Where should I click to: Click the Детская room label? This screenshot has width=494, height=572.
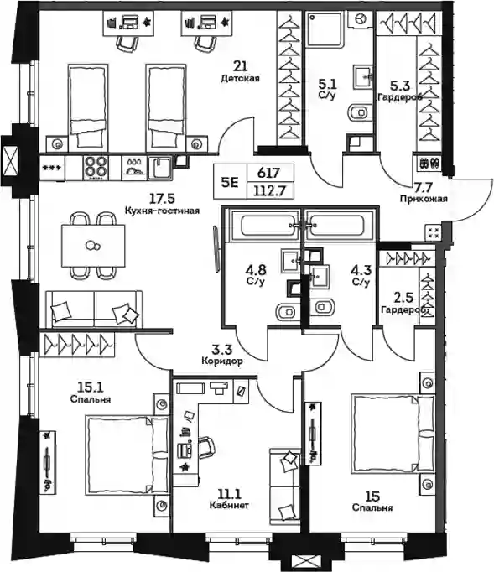click(240, 79)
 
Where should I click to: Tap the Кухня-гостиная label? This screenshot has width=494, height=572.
click(162, 211)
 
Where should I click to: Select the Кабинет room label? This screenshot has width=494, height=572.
click(229, 505)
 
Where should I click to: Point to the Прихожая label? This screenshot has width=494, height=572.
click(424, 199)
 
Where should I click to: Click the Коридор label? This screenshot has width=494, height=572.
click(221, 361)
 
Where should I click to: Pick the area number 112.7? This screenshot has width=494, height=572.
click(271, 190)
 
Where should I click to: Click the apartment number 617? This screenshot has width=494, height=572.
click(268, 173)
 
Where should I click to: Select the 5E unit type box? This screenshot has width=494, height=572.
click(230, 182)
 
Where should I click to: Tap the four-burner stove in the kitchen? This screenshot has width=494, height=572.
click(96, 168)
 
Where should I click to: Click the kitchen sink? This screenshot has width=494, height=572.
click(160, 168)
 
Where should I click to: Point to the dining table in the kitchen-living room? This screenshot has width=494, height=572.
click(93, 246)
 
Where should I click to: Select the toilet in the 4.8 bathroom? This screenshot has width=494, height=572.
click(287, 312)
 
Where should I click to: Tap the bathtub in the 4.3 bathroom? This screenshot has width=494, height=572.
click(339, 225)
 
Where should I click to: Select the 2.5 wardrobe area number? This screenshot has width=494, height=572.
click(404, 298)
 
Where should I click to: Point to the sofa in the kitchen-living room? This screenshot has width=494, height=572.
click(94, 309)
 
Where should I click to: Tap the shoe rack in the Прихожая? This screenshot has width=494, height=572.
click(429, 163)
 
